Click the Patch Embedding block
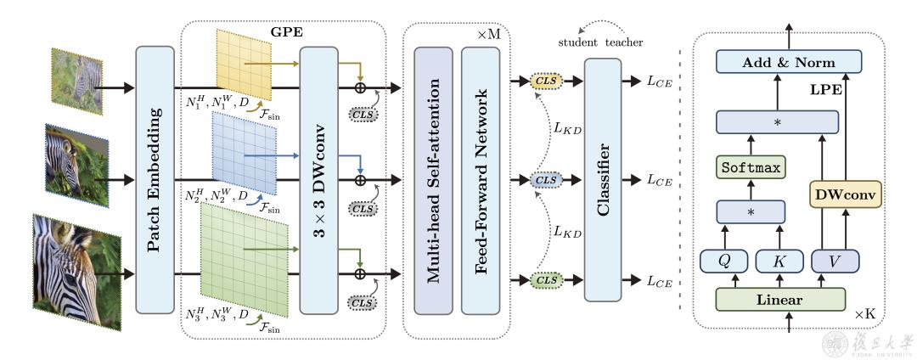(155, 181)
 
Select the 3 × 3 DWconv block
(321, 181)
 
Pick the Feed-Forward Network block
(481, 180)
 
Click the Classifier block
(604, 180)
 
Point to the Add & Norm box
(788, 63)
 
